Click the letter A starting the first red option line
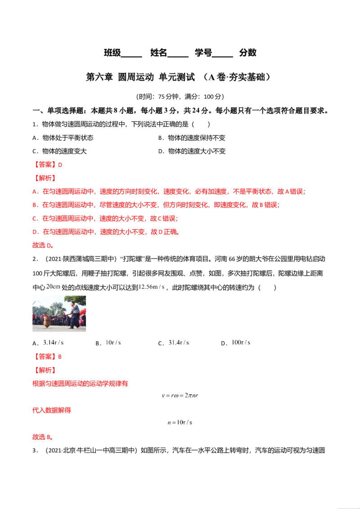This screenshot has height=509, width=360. [x=34, y=192]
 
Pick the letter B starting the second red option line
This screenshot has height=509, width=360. [x=34, y=205]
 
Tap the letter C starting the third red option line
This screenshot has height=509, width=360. [x=34, y=219]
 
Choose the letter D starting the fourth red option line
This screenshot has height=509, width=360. [x=34, y=232]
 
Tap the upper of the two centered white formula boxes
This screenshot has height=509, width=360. [x=180, y=395]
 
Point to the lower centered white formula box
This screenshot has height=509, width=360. [x=180, y=423]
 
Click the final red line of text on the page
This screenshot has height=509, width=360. [x=43, y=438]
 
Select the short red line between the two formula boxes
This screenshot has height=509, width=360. [x=52, y=410]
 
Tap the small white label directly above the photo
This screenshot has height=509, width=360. [x=53, y=286]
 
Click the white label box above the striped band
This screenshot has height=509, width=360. [x=153, y=286]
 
